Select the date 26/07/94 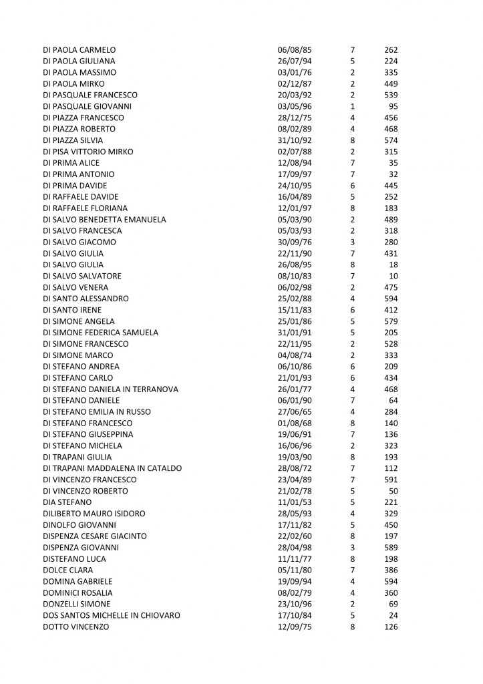tap(294, 61)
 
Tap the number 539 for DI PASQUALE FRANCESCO tap(391, 95)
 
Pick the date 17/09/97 tap(294, 174)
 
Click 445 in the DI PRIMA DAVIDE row tap(391, 186)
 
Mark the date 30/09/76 tap(294, 242)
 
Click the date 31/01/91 tap(294, 333)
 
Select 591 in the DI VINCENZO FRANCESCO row tap(391, 480)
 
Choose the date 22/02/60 tap(294, 536)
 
